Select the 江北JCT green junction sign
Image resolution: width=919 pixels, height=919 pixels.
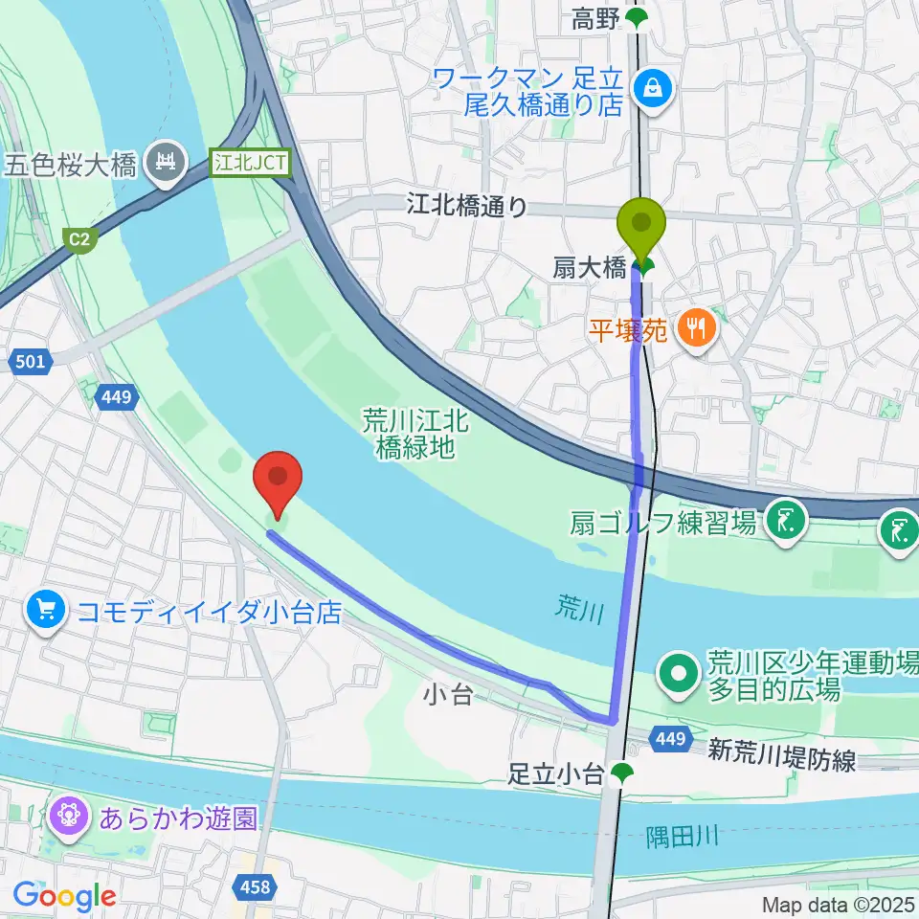point(250,163)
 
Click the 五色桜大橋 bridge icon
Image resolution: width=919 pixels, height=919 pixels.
point(169,164)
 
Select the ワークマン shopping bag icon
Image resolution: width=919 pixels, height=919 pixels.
point(657,89)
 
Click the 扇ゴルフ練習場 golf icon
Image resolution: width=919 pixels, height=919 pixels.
point(786,523)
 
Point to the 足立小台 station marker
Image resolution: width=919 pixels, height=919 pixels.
point(623,772)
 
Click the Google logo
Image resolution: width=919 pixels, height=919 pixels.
point(64,896)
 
